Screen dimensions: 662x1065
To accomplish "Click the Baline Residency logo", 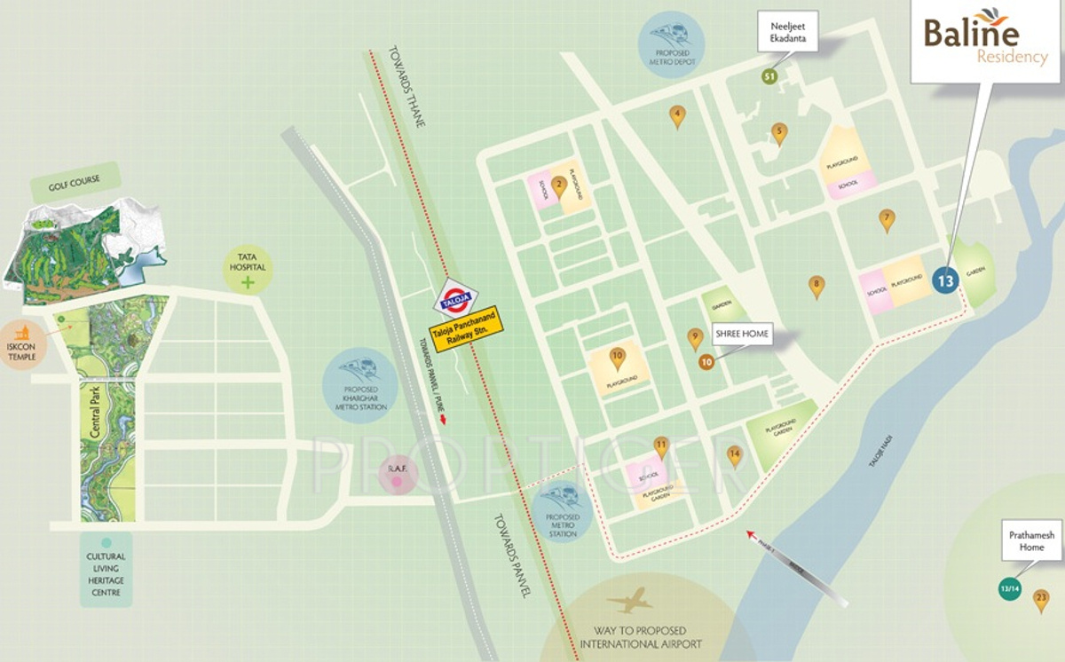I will (x=985, y=42).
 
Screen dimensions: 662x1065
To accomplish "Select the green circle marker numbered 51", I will (x=769, y=76).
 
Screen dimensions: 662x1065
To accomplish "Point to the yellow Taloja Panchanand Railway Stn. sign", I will (x=468, y=330).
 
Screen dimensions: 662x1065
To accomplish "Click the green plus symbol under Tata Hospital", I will (x=248, y=283).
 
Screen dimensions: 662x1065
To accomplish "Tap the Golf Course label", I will (x=75, y=181).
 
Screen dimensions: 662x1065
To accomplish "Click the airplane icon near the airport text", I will (x=629, y=602).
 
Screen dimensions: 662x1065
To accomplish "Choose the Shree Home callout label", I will (x=742, y=335).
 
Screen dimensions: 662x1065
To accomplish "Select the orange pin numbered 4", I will (x=677, y=115).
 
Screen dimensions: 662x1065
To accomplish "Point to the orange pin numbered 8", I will (x=816, y=286).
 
